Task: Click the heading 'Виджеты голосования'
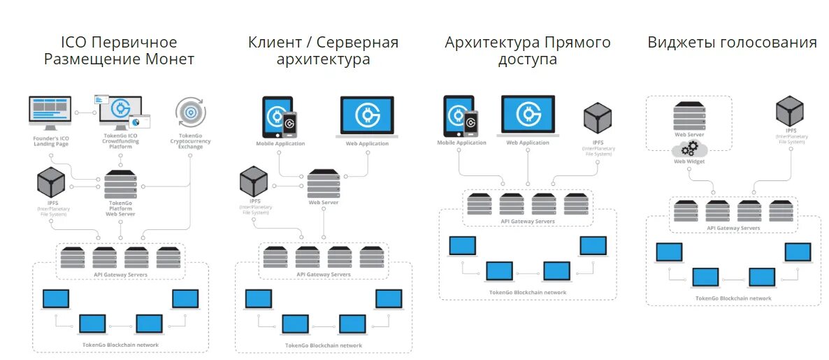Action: pyautogui.click(x=732, y=43)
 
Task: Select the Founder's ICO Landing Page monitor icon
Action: pyautogui.click(x=50, y=113)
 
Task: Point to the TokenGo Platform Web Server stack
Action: pyautogui.click(x=120, y=185)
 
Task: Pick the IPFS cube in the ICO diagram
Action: pyautogui.click(x=52, y=182)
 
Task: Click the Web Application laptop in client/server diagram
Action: pyautogui.click(x=367, y=116)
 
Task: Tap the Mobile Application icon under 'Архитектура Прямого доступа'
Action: pyautogui.click(x=461, y=115)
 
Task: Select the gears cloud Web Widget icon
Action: pyautogui.click(x=690, y=148)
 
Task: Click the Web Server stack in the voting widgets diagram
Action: pyautogui.click(x=689, y=115)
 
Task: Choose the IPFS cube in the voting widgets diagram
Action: pyautogui.click(x=790, y=111)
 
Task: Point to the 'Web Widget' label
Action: pyautogui.click(x=689, y=161)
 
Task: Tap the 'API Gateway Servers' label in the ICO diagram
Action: pyautogui.click(x=121, y=274)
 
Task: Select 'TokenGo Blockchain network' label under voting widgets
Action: pyautogui.click(x=733, y=298)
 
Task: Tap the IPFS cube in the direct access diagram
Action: pyautogui.click(x=598, y=118)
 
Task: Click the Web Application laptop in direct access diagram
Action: pyautogui.click(x=528, y=115)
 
